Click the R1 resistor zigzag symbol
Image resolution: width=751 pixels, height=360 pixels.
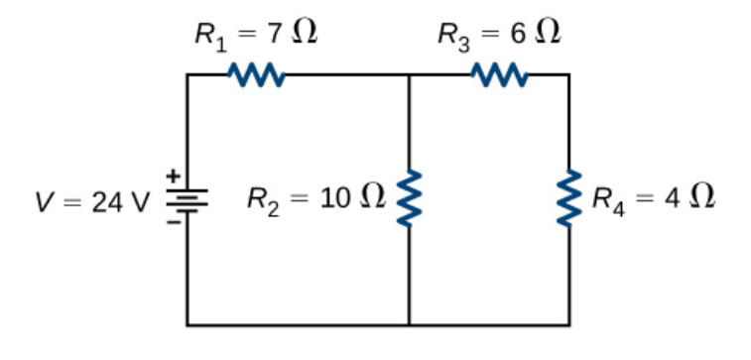click(257, 74)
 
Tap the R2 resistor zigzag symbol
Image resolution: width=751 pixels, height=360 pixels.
click(409, 199)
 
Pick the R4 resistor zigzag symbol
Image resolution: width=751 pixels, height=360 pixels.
click(569, 199)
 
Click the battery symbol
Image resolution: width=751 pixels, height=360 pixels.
click(187, 200)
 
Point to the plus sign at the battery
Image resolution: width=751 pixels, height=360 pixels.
click(171, 178)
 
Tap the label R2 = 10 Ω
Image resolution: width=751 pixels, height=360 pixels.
click(314, 199)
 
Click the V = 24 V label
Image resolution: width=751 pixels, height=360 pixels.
click(91, 202)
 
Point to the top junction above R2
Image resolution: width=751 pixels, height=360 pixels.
click(409, 74)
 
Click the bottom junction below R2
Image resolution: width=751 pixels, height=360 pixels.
click(409, 324)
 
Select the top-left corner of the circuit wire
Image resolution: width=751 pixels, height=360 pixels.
click(188, 74)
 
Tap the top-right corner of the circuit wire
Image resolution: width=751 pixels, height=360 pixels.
click(569, 74)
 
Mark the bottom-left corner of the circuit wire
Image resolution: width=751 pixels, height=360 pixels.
click(188, 324)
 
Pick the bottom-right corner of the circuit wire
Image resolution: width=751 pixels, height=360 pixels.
click(569, 324)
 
